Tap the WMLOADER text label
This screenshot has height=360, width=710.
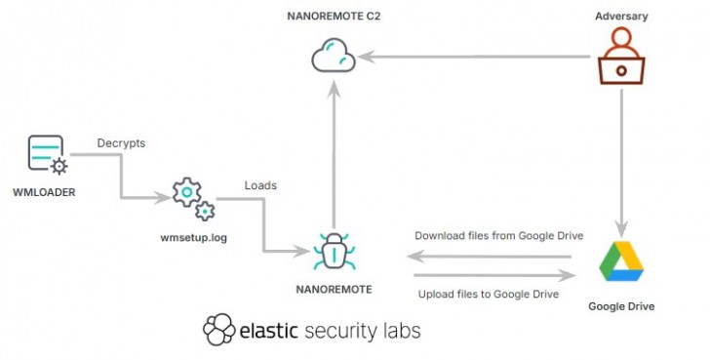coord(45,192)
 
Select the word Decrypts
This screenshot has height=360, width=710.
coord(121,143)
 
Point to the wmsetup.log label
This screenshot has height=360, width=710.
coord(193,238)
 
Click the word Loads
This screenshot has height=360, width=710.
coord(260,184)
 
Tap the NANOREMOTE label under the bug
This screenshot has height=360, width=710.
coord(334,290)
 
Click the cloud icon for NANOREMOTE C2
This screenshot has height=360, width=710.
coord(334,57)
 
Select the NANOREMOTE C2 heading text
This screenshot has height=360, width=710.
coord(333,17)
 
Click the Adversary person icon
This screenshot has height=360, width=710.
coord(621,56)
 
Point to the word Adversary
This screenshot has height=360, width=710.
coord(620,17)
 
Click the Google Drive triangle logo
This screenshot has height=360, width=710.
coord(621,260)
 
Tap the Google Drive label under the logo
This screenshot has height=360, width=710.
coord(621,306)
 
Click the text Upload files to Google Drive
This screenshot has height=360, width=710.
coord(488,294)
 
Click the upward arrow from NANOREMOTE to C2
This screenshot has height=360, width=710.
coord(334,156)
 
